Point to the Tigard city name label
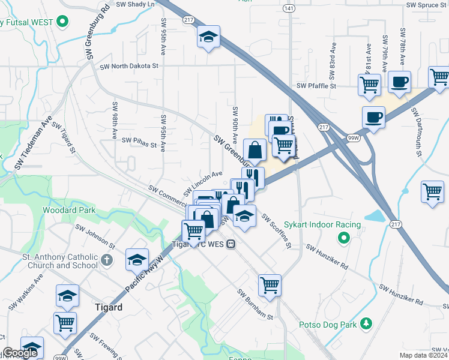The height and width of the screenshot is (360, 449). [109, 307]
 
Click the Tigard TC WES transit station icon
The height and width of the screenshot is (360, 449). [231, 244]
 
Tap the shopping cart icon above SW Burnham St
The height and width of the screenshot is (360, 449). [270, 285]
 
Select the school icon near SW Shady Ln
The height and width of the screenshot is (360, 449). [208, 37]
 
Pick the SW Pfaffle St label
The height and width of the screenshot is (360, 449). [320, 86]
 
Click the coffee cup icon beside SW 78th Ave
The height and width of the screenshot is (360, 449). [399, 82]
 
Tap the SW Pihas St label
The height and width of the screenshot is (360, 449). [139, 141]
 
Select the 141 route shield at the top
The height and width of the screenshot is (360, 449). [289, 8]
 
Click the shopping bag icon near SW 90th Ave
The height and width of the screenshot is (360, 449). [255, 150]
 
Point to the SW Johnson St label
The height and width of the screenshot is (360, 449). [95, 237]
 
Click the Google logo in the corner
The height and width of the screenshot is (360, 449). [20, 353]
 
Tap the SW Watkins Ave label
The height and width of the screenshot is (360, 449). [26, 293]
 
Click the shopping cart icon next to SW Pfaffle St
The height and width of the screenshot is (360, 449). [369, 84]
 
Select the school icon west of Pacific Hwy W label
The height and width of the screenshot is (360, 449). [137, 260]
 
